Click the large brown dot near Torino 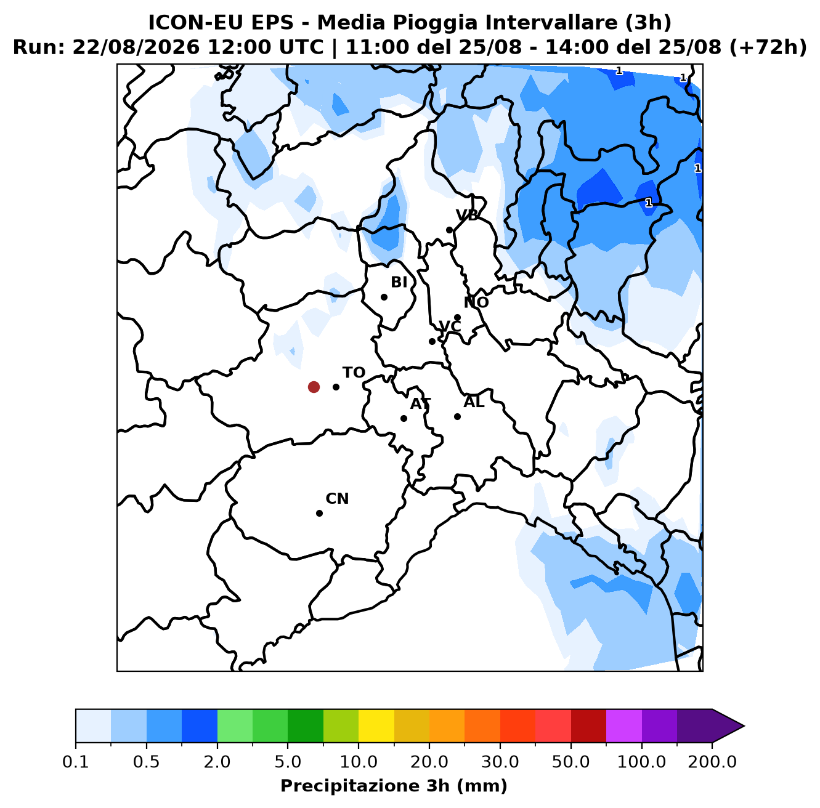pyautogui.click(x=314, y=387)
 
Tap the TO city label pyautogui.click(x=354, y=373)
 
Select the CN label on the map pyautogui.click(x=337, y=499)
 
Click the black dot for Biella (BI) pyautogui.click(x=384, y=297)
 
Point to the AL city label pyautogui.click(x=474, y=402)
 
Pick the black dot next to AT pyautogui.click(x=404, y=418)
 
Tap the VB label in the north pyautogui.click(x=467, y=216)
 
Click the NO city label pyautogui.click(x=476, y=302)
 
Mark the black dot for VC pyautogui.click(x=432, y=341)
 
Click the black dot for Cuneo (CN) pyautogui.click(x=319, y=513)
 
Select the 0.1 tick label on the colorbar pyautogui.click(x=76, y=762)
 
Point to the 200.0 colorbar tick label pyautogui.click(x=712, y=762)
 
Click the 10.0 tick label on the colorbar pyautogui.click(x=359, y=762)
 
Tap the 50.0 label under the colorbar pyautogui.click(x=570, y=762)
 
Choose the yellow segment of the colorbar pyautogui.click(x=376, y=726)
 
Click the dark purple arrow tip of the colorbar pyautogui.click(x=744, y=726)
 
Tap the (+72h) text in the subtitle pyautogui.click(x=768, y=47)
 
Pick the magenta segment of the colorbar pyautogui.click(x=624, y=726)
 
